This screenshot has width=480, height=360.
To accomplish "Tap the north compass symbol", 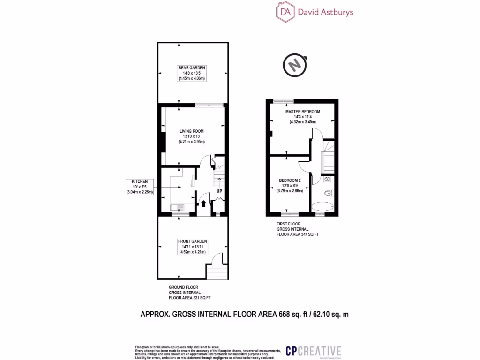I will [295, 66].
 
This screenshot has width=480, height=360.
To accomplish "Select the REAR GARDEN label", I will [192, 68].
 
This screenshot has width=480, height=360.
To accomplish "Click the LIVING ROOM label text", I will [192, 131].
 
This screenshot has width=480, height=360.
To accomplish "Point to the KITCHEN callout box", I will [140, 187].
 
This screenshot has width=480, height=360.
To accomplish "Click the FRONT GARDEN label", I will [192, 241].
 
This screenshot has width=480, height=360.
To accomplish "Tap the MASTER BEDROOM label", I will [303, 112].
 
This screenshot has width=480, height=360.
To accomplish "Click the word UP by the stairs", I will [219, 191].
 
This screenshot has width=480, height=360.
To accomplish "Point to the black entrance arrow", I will [203, 203].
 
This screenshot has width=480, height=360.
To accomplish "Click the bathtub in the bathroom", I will [322, 206].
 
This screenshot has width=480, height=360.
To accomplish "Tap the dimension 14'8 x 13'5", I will [192, 73].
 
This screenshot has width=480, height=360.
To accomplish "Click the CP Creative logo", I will [314, 351].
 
